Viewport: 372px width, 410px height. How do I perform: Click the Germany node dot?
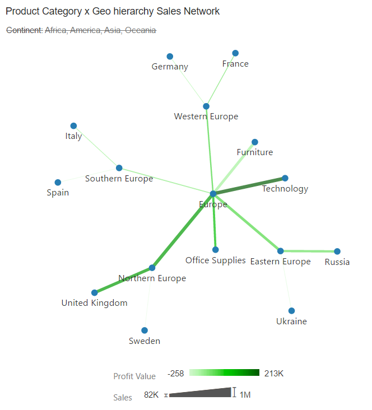(x=170, y=57)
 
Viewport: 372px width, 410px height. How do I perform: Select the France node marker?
(x=235, y=53)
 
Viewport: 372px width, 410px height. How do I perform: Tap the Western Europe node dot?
(x=206, y=106)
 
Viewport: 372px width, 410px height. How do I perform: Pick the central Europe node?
(x=213, y=194)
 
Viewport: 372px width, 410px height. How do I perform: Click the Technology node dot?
(x=285, y=178)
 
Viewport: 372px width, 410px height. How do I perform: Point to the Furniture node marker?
(x=255, y=142)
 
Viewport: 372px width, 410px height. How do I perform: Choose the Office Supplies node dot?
(x=216, y=250)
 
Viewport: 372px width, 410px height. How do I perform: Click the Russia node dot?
(x=337, y=251)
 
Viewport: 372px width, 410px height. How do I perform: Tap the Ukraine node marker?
(x=291, y=311)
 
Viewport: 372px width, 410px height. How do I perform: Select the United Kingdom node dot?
(x=95, y=292)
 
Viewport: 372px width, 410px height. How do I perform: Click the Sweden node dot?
(x=145, y=330)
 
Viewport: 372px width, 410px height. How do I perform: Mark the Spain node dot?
(x=58, y=183)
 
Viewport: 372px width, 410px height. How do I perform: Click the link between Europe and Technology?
(x=249, y=186)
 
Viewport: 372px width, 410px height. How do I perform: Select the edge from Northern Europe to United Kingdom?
(x=123, y=280)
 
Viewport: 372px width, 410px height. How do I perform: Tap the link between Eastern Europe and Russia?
(x=309, y=251)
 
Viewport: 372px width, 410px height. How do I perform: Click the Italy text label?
(x=73, y=136)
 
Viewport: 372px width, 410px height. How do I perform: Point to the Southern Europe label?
(x=119, y=179)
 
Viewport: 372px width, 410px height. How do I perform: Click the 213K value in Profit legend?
(x=274, y=374)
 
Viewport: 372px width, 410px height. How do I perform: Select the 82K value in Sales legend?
(x=151, y=395)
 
